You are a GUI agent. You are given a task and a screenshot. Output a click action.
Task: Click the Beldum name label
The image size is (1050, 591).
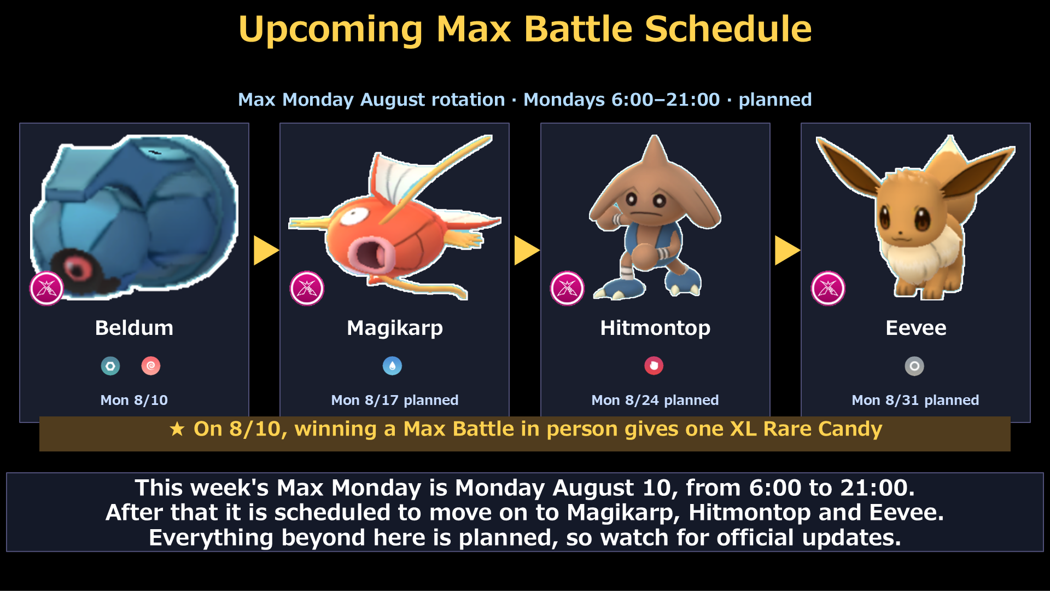pos(134,328)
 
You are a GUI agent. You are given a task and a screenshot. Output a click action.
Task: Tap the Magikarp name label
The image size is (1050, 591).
pos(394,328)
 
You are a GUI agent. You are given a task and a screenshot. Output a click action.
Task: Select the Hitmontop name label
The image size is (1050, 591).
pos(655,328)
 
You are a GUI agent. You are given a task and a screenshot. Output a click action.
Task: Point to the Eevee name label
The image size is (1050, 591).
pos(915,328)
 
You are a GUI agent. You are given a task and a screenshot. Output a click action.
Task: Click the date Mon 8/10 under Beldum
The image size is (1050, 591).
pos(134,400)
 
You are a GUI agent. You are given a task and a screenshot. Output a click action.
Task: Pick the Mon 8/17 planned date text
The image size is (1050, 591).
pos(394,401)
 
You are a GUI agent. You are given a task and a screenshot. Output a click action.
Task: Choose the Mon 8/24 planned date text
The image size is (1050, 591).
pos(655,401)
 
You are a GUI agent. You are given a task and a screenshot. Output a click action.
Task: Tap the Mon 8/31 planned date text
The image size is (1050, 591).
pos(915,401)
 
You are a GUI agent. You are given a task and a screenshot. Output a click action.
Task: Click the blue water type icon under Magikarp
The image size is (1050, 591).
pos(392,366)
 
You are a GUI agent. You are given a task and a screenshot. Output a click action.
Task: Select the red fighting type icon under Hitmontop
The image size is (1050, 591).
pos(654,366)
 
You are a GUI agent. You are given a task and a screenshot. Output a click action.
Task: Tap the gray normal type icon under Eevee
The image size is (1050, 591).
pos(914,366)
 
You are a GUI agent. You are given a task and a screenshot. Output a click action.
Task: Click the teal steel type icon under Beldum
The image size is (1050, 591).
pos(110,366)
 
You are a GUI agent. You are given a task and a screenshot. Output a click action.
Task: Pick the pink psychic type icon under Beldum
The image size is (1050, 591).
pos(151,366)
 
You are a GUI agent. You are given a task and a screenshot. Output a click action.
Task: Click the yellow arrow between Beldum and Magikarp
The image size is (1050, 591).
pos(266,251)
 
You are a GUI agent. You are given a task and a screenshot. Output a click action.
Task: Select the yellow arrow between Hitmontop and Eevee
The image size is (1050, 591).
pos(787,251)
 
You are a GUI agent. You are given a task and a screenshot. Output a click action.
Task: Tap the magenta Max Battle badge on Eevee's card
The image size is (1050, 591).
pos(828,288)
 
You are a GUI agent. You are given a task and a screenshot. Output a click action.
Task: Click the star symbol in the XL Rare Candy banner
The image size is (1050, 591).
pos(177,429)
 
